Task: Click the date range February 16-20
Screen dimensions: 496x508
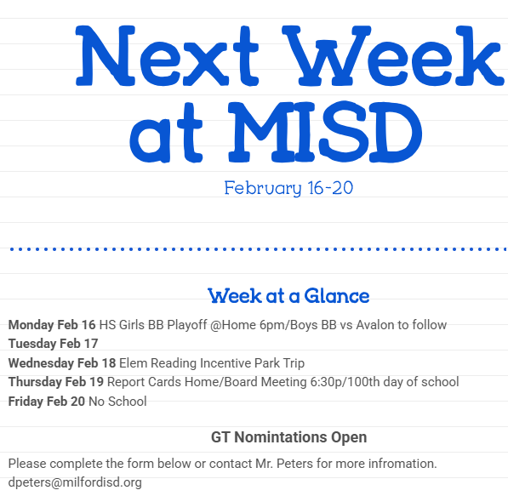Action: coord(288,188)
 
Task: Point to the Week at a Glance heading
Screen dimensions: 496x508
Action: coord(288,296)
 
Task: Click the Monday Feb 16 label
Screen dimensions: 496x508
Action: coord(52,325)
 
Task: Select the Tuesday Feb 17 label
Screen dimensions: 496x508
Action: coord(53,344)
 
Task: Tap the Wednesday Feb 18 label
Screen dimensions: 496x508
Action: coord(62,363)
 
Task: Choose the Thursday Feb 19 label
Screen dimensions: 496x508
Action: coord(56,382)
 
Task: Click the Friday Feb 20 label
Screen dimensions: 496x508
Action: coord(47,402)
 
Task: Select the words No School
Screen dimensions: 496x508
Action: coord(117,402)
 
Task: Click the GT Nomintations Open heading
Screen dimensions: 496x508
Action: coord(288,437)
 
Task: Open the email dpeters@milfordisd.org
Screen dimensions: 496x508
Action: coord(75,482)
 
